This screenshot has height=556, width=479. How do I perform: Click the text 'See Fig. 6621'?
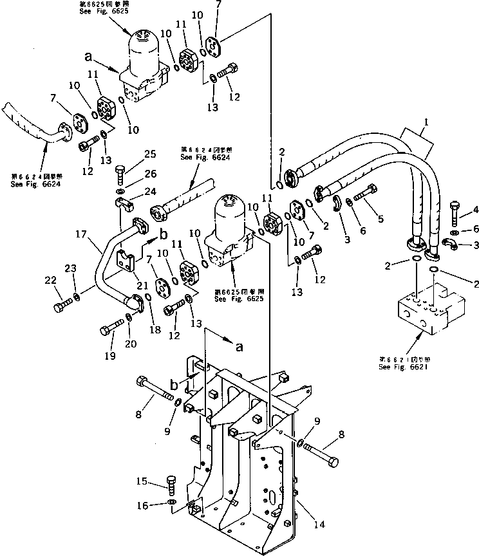point(402,366)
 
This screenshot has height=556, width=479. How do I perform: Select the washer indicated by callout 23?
point(77,297)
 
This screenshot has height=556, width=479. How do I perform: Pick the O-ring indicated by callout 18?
point(149,297)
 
